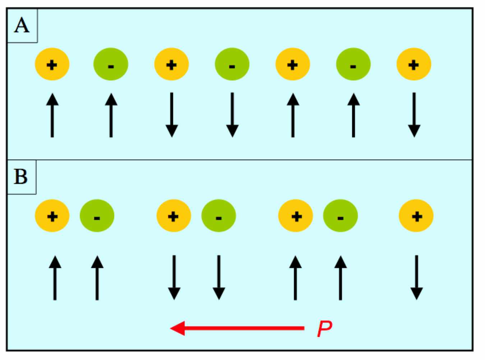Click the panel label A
[x=22, y=26]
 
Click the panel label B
[x=21, y=177]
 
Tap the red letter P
[x=324, y=328]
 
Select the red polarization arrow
[x=237, y=328]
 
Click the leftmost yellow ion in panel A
[x=52, y=65]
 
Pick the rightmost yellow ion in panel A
[x=414, y=65]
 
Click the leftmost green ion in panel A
[x=111, y=65]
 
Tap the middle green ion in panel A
[x=232, y=65]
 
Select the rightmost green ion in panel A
[x=353, y=65]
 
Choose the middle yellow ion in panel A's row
[x=293, y=65]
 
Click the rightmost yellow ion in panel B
[x=416, y=216]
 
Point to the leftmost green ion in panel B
[x=97, y=216]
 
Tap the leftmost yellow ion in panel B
[x=52, y=216]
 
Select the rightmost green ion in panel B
[x=341, y=216]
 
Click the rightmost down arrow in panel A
[x=414, y=115]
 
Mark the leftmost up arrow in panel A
[x=52, y=115]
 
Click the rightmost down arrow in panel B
[x=416, y=277]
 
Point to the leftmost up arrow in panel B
[x=55, y=277]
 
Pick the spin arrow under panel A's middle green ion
[x=232, y=115]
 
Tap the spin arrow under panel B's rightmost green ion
[x=341, y=277]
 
